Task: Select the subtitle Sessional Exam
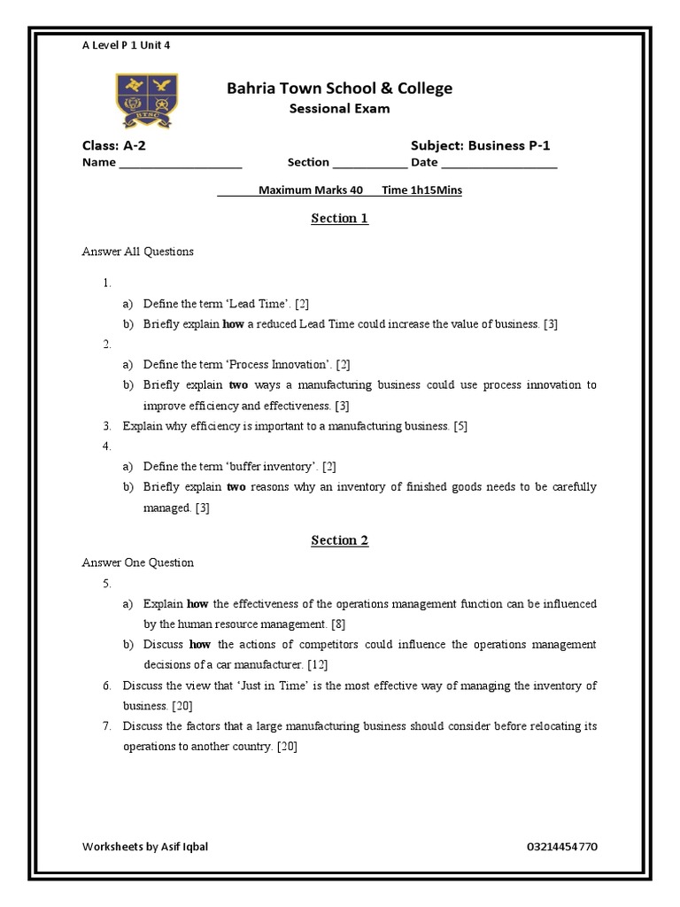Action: (x=339, y=109)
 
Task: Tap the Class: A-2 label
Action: (x=109, y=145)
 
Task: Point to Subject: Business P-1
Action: (x=486, y=145)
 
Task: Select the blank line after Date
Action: (x=498, y=165)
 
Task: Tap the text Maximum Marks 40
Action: (x=311, y=190)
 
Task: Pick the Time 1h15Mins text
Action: (x=422, y=190)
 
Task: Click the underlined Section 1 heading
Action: (x=339, y=219)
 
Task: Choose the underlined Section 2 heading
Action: (x=339, y=540)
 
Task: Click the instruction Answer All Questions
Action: (x=137, y=252)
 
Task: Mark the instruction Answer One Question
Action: (x=137, y=562)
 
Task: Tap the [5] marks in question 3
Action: (x=460, y=426)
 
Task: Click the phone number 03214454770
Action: (x=561, y=846)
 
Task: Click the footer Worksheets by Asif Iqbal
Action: (x=145, y=846)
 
